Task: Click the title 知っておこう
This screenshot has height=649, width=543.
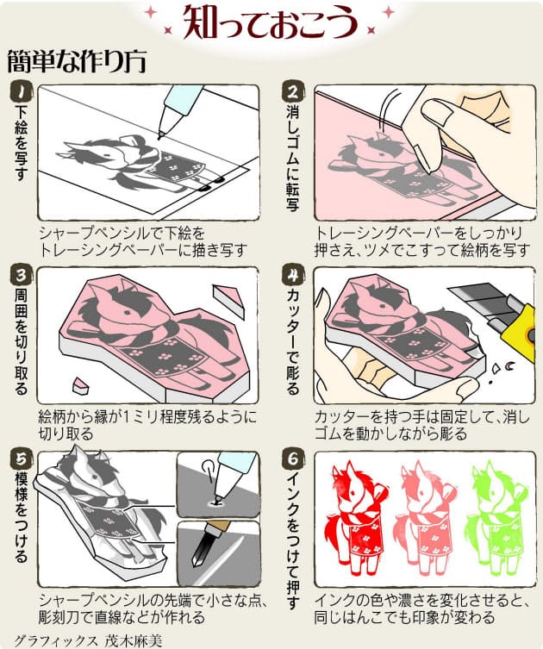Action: click(x=271, y=22)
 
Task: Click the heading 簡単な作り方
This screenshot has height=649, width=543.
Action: click(x=77, y=62)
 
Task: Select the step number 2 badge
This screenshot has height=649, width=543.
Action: click(x=292, y=91)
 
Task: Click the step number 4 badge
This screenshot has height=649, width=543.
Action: click(x=292, y=274)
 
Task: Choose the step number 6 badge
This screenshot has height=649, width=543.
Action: click(x=292, y=459)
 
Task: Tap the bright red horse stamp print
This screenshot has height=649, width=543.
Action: click(x=357, y=517)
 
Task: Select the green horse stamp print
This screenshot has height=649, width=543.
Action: click(x=496, y=517)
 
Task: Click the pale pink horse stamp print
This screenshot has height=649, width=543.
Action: click(x=427, y=517)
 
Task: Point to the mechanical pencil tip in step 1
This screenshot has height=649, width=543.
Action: click(x=160, y=135)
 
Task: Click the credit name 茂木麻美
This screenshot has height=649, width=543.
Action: click(x=134, y=640)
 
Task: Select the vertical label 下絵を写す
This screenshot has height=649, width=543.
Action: click(x=20, y=143)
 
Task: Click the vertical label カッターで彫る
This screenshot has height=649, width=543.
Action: click(x=292, y=340)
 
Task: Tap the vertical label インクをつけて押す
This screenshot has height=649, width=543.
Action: click(x=292, y=540)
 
